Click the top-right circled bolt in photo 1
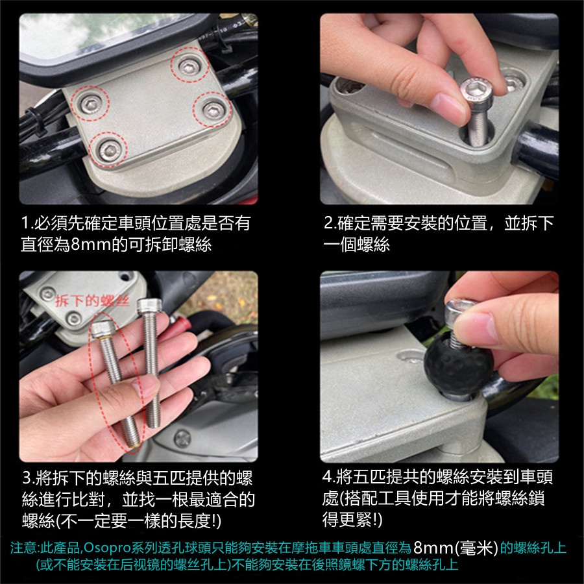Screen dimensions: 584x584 (x=189, y=66)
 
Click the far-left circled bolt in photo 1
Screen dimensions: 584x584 (x=91, y=104)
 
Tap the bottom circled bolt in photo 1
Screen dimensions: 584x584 (x=110, y=149)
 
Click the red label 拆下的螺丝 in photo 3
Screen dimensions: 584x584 (x=92, y=300)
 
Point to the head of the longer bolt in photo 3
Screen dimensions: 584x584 (x=149, y=306)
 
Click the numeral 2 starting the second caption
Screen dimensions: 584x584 (x=328, y=223)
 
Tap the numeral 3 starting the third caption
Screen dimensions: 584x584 (x=27, y=478)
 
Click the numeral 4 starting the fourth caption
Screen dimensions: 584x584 (x=326, y=476)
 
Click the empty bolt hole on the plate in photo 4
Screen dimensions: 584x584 (x=409, y=356)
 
